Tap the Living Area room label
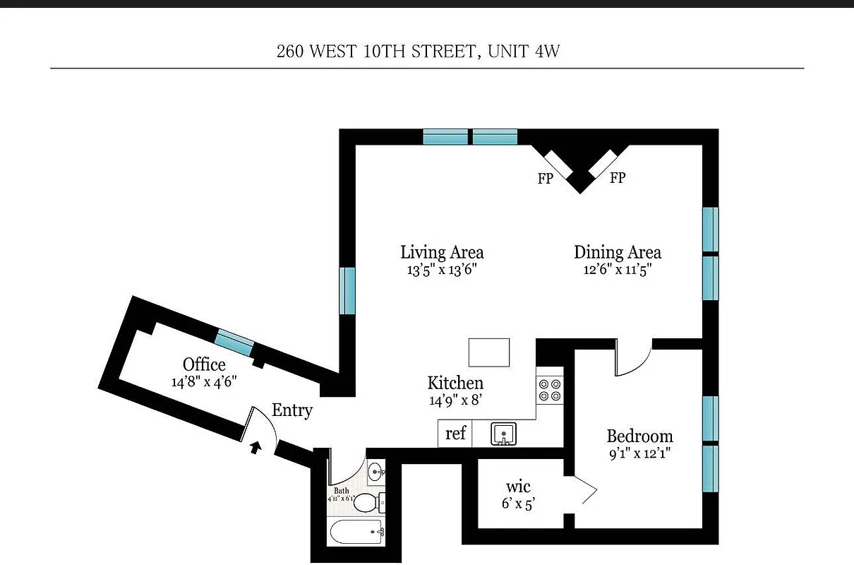coord(442,252)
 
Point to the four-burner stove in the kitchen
coord(549,390)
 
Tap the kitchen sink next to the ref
coord(504,433)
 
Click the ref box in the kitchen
coord(456,433)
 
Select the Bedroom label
coord(639,436)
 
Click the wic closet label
coord(518,487)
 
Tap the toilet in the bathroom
coord(366,503)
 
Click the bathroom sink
coord(375,470)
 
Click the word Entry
coord(291,410)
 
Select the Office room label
coord(204,364)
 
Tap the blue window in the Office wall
coord(234,342)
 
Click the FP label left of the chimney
coord(545,179)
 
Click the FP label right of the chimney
coord(618,178)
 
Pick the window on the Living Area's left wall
coord(347,290)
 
